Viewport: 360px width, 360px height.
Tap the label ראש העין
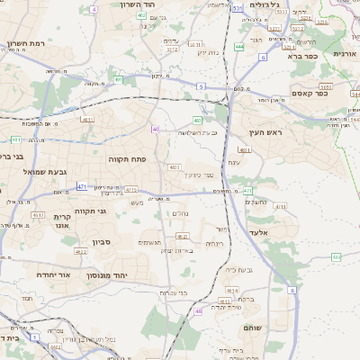click(x=267, y=132)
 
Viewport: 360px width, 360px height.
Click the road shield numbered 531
click(x=237, y=7)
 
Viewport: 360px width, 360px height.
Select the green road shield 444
click(x=238, y=46)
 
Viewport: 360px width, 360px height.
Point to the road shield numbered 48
click(x=198, y=311)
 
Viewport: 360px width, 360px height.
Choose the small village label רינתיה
click(x=213, y=244)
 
